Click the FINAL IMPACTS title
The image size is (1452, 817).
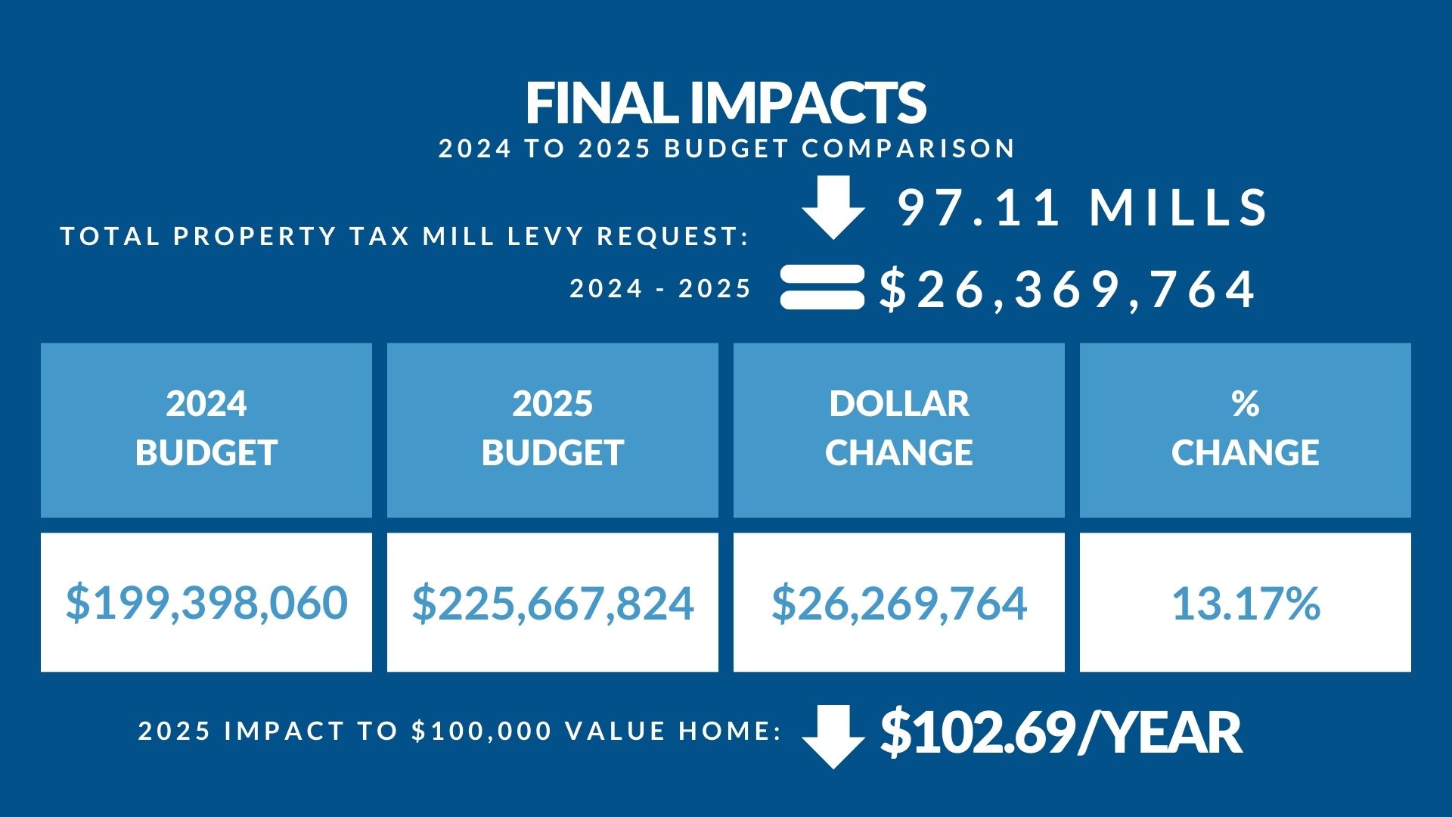[725, 103]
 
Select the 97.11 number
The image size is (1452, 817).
[980, 207]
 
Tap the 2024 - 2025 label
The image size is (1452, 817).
[660, 288]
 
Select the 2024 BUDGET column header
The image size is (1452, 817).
[206, 430]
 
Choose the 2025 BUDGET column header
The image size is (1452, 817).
[553, 430]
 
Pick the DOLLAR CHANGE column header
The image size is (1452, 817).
[898, 430]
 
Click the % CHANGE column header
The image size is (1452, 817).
[1245, 430]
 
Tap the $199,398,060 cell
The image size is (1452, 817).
[206, 602]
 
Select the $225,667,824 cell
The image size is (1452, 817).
[553, 602]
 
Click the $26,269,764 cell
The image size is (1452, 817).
[898, 602]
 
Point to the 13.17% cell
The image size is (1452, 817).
[1245, 602]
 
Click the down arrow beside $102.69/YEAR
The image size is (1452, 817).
[833, 737]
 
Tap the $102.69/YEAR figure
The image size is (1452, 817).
[1060, 732]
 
